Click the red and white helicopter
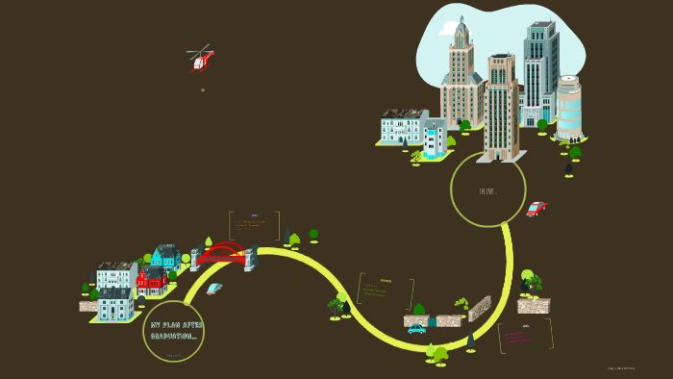pos(201,60)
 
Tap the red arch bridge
pos(222,253)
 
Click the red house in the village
pos(151,281)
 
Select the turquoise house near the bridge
pos(164,258)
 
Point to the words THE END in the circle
pos(487,191)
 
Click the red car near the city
pos(536,209)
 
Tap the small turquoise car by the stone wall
pos(416,329)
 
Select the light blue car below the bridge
pos(213,289)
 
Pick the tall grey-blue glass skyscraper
pos(539,72)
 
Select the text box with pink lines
pos(525,336)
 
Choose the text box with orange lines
pos(254,225)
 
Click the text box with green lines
pos(385,291)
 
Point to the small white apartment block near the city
pos(435,139)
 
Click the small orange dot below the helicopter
pos(203,89)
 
